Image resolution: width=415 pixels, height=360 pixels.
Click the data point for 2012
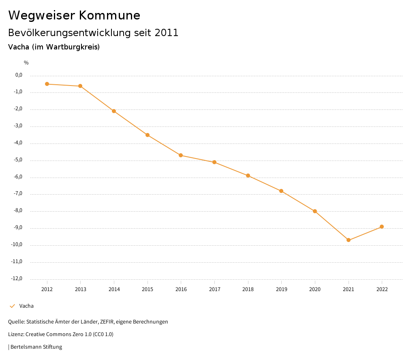coord(47,84)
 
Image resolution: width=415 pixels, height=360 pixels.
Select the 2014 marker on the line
coord(114,111)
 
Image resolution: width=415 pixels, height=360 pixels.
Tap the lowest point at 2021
coord(349,240)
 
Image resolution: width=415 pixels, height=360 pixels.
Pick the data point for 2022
coord(382,227)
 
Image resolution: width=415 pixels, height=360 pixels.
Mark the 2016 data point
coord(181,155)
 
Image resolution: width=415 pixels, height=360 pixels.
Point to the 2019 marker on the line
coord(281,191)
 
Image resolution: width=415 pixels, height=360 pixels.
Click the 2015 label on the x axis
coord(148,289)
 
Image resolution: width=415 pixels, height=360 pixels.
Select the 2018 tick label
coord(248,289)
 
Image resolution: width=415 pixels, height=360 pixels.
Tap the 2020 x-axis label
coord(315,289)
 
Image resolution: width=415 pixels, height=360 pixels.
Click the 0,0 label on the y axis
coord(19,75)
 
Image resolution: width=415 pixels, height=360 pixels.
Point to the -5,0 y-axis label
coord(18,160)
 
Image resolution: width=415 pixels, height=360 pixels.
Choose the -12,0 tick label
coord(17,279)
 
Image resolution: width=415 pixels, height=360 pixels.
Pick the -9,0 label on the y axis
coord(18,227)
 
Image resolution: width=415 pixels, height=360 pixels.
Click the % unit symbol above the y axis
coord(26,63)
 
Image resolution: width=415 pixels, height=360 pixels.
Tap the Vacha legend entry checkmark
coord(12,306)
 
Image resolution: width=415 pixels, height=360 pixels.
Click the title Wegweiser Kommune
coord(74,15)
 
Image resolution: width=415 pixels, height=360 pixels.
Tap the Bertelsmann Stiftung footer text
coord(36,347)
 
